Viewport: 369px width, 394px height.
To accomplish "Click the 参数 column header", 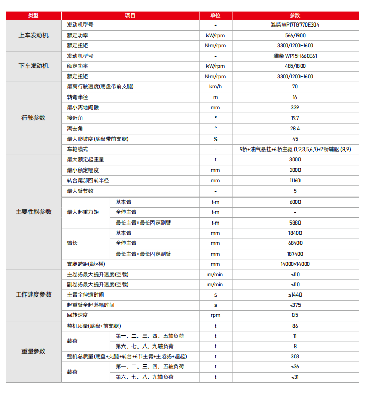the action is coord(295,16).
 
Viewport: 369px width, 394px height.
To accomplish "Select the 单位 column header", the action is coord(215,16).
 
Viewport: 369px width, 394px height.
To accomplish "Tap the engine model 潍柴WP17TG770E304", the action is coord(295,24).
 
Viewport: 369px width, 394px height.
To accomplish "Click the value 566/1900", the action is coord(295,35).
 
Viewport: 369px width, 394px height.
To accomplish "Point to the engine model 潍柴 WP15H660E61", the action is coord(295,56).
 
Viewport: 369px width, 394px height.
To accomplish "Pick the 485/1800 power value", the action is coord(295,66).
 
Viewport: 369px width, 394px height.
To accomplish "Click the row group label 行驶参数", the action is coord(33,118).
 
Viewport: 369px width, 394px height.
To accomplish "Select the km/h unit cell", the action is coord(215,87).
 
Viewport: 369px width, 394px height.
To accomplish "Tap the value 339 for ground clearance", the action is coord(295,108).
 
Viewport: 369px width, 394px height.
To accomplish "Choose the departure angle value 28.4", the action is coord(295,128).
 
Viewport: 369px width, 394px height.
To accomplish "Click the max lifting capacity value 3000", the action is coord(295,160).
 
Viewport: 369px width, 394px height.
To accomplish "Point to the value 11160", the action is coord(295,181).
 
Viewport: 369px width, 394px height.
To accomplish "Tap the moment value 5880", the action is coord(295,223).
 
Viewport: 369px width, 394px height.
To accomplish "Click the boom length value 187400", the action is coord(295,254).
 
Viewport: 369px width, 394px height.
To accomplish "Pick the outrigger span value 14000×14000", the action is coord(295,264).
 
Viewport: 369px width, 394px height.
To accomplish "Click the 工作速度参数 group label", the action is coord(33,295).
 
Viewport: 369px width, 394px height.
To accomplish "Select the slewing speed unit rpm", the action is coord(215,315).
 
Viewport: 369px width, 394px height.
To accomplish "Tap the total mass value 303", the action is coord(295,357).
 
